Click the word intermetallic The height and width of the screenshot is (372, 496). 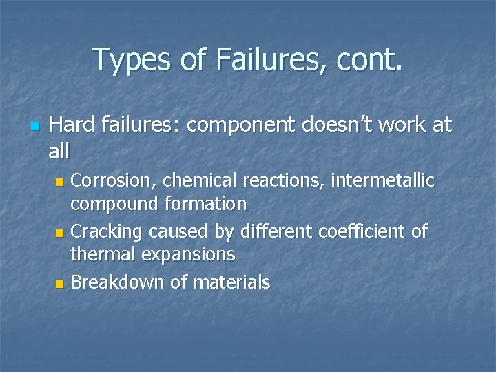click(383, 181)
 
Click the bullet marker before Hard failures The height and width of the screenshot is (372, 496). click(34, 127)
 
